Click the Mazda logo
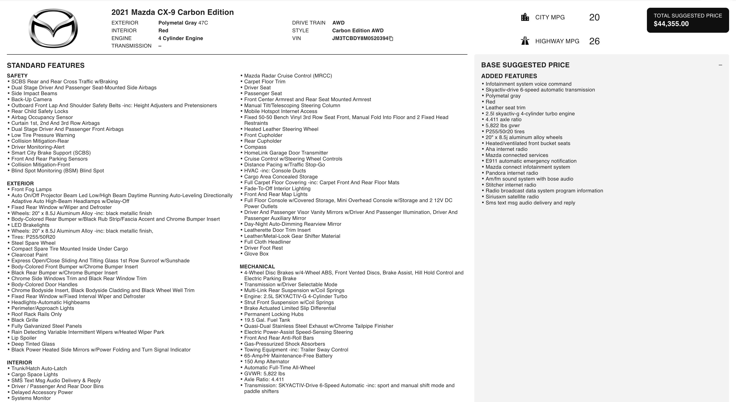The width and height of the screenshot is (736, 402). (x=53, y=28)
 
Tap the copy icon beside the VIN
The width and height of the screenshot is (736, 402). (x=391, y=39)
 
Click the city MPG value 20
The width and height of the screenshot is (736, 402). (x=594, y=17)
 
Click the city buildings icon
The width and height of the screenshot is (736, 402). (x=525, y=17)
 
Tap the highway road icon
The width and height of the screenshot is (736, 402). (x=525, y=41)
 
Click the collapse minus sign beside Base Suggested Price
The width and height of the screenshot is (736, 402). (x=720, y=65)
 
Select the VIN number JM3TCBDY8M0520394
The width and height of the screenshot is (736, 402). (x=360, y=39)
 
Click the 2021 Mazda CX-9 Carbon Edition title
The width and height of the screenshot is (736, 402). (x=172, y=12)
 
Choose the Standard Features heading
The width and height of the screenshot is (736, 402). (x=46, y=65)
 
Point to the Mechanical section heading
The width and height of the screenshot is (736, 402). (x=257, y=267)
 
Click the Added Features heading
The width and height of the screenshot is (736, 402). (x=509, y=76)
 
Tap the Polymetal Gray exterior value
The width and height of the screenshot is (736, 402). (x=177, y=23)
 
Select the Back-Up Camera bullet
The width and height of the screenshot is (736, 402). (x=31, y=99)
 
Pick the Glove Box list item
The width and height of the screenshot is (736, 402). (x=256, y=254)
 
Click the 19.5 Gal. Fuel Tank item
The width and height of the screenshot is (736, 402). (x=267, y=320)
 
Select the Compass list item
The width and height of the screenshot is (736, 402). (x=255, y=147)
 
